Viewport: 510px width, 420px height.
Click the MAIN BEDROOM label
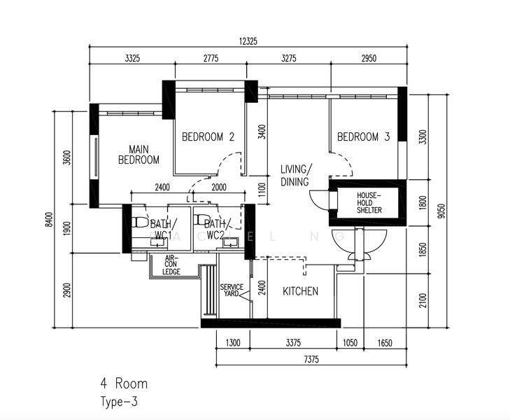(x=139, y=155)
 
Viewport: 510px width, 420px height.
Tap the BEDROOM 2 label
(x=208, y=136)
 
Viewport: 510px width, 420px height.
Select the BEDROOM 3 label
(x=363, y=136)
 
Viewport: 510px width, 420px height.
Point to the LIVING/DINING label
(x=296, y=176)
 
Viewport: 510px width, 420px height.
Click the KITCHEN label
(x=300, y=291)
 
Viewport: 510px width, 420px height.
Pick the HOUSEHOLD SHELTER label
(x=369, y=203)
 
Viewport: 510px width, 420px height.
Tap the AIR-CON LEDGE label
(x=171, y=265)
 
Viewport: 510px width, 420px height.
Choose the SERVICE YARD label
(x=232, y=290)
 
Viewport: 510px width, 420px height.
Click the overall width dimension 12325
(x=248, y=41)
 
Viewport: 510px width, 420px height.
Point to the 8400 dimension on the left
(x=49, y=219)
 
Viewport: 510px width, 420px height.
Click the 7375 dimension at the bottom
(x=311, y=359)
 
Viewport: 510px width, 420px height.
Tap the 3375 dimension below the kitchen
(x=293, y=342)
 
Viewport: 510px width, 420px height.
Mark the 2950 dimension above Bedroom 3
(x=369, y=58)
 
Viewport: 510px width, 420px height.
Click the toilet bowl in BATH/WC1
(x=139, y=222)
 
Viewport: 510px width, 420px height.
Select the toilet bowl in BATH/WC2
(x=201, y=219)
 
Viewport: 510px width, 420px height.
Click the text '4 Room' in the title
(x=124, y=384)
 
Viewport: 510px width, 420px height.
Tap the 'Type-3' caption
(x=119, y=402)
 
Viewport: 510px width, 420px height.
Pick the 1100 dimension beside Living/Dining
(x=262, y=190)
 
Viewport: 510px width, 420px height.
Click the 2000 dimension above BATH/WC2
(x=219, y=188)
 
